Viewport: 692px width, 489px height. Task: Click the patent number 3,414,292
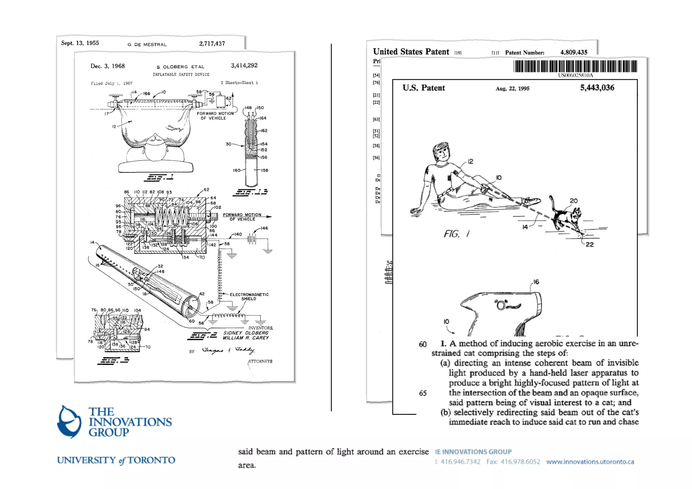point(244,65)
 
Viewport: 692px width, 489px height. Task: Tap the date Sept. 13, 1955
point(80,43)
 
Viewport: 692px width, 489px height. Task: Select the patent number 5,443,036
point(597,88)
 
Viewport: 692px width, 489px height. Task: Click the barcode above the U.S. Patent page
point(575,66)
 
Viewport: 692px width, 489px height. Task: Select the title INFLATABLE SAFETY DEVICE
point(181,74)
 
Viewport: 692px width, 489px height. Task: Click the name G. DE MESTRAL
point(147,44)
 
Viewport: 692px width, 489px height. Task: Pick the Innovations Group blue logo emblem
point(69,421)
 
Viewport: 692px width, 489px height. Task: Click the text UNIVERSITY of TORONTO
point(116,460)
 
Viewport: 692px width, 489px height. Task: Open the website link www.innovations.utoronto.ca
point(590,462)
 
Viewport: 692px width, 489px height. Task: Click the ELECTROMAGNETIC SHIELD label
point(249,296)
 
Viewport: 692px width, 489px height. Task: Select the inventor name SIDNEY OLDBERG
point(246,333)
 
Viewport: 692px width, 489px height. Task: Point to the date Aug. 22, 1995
point(512,89)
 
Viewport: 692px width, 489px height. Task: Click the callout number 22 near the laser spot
point(590,244)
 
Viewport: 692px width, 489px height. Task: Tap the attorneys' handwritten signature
point(228,350)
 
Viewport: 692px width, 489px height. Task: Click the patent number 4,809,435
point(573,52)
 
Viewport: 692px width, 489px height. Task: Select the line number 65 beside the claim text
point(423,393)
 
